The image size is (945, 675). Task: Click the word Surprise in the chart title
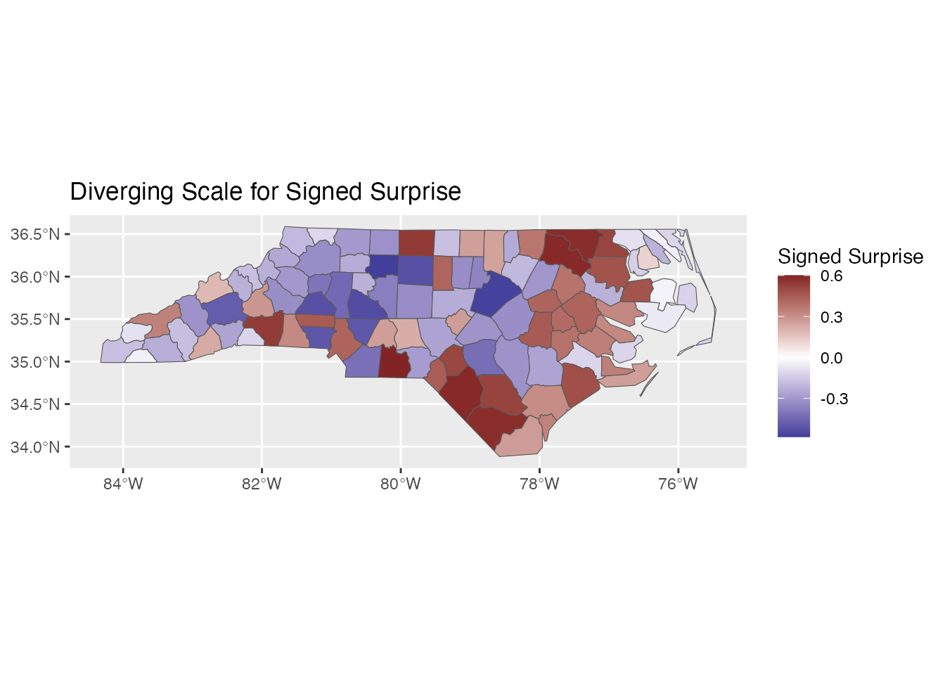[x=415, y=192]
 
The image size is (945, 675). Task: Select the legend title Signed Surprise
[x=850, y=257]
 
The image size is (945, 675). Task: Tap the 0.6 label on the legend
[x=831, y=276]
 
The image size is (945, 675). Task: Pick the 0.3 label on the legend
[x=831, y=317]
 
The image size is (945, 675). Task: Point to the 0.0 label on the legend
[x=831, y=359]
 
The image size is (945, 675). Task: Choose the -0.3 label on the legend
[x=834, y=399]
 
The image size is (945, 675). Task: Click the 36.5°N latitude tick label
[x=35, y=234]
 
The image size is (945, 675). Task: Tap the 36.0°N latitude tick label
[x=35, y=277]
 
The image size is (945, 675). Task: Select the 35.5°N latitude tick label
[x=35, y=319]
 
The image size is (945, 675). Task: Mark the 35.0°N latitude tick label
[x=35, y=362]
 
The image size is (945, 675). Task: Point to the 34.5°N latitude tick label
[x=35, y=404]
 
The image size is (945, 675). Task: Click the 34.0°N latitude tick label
[x=35, y=447]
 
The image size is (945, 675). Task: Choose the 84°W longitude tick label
[x=123, y=484]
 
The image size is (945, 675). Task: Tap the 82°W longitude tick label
[x=262, y=484]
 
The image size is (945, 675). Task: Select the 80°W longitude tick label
[x=401, y=484]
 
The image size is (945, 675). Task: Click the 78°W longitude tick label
[x=539, y=484]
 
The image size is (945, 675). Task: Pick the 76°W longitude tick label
[x=678, y=484]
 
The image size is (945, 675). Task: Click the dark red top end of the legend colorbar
[x=794, y=279]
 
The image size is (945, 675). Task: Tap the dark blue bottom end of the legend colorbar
[x=794, y=432]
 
